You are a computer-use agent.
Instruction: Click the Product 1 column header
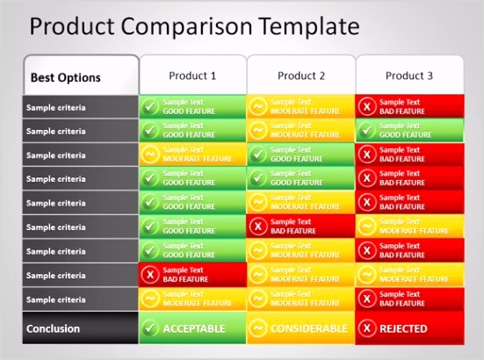191,76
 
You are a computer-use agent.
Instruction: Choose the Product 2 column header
300,76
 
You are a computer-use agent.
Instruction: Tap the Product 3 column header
409,76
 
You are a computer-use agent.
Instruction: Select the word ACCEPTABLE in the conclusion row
193,329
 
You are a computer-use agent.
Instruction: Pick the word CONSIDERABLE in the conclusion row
309,329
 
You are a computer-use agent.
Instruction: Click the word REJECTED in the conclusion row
403,329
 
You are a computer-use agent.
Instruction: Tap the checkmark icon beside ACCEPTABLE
150,329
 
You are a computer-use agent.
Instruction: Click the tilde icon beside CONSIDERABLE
258,329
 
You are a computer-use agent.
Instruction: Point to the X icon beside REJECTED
367,329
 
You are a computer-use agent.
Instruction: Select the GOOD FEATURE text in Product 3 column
406,135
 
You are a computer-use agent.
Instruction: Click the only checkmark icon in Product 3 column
367,131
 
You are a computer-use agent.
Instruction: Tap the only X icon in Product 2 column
258,227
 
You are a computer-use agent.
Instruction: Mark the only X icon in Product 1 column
150,275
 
